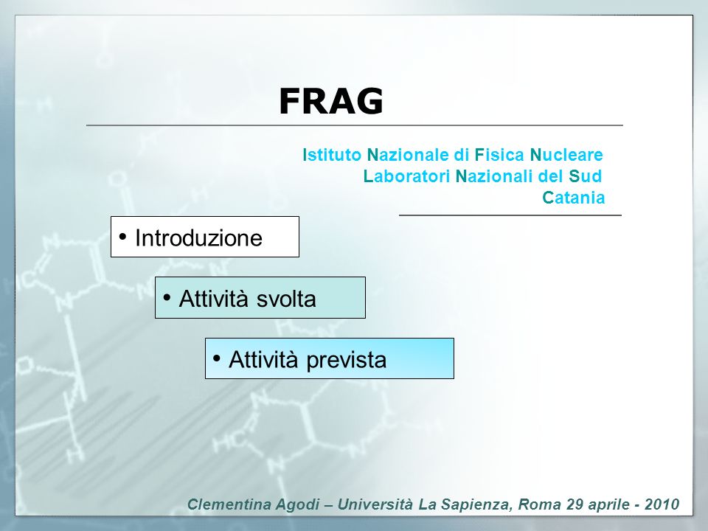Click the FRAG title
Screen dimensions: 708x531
click(x=331, y=101)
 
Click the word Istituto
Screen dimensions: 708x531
click(x=332, y=155)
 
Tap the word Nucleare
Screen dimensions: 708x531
click(x=566, y=155)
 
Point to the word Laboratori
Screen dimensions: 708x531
click(x=406, y=176)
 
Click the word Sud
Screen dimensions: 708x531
click(x=585, y=176)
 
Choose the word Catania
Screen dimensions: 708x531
click(x=574, y=198)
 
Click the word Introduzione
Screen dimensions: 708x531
click(x=198, y=237)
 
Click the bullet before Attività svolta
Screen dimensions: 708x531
click(x=167, y=297)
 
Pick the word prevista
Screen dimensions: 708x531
click(x=347, y=360)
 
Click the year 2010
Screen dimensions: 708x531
click(x=662, y=504)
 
